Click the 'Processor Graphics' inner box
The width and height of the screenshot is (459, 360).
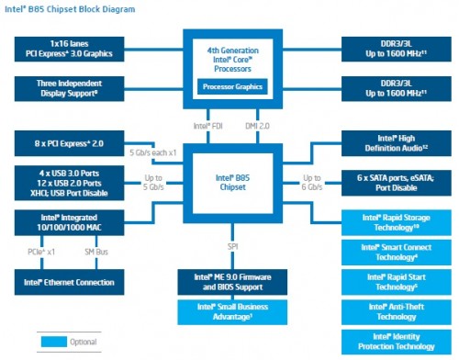pyautogui.click(x=229, y=87)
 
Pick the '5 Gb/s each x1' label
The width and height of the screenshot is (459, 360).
pyautogui.click(x=152, y=152)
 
